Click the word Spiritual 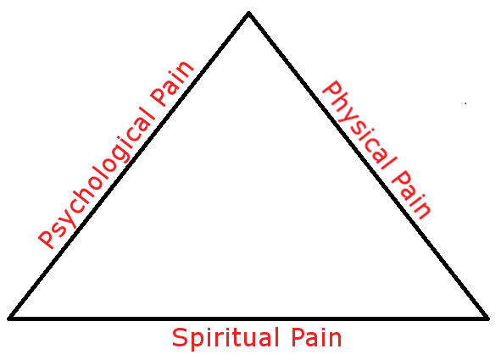pyautogui.click(x=223, y=339)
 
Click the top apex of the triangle pyautogui.click(x=248, y=13)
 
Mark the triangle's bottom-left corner pyautogui.click(x=10, y=318)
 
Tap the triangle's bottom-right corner pyautogui.click(x=487, y=318)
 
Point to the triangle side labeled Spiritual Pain pyautogui.click(x=248, y=318)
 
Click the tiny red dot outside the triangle pyautogui.click(x=465, y=103)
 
